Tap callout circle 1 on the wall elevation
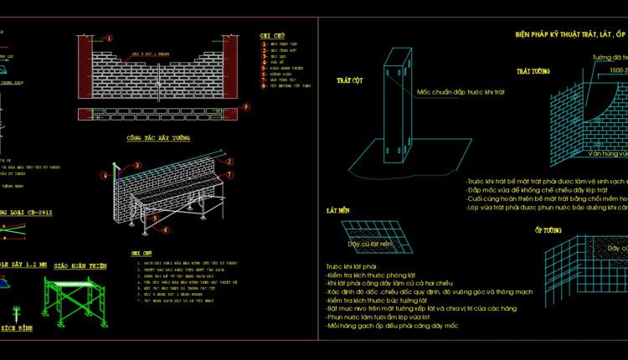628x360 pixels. point(111,39)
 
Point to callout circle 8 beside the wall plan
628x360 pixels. point(245,106)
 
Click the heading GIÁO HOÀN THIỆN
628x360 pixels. point(80,265)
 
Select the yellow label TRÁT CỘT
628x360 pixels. point(348,82)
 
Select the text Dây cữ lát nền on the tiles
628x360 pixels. point(369,244)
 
